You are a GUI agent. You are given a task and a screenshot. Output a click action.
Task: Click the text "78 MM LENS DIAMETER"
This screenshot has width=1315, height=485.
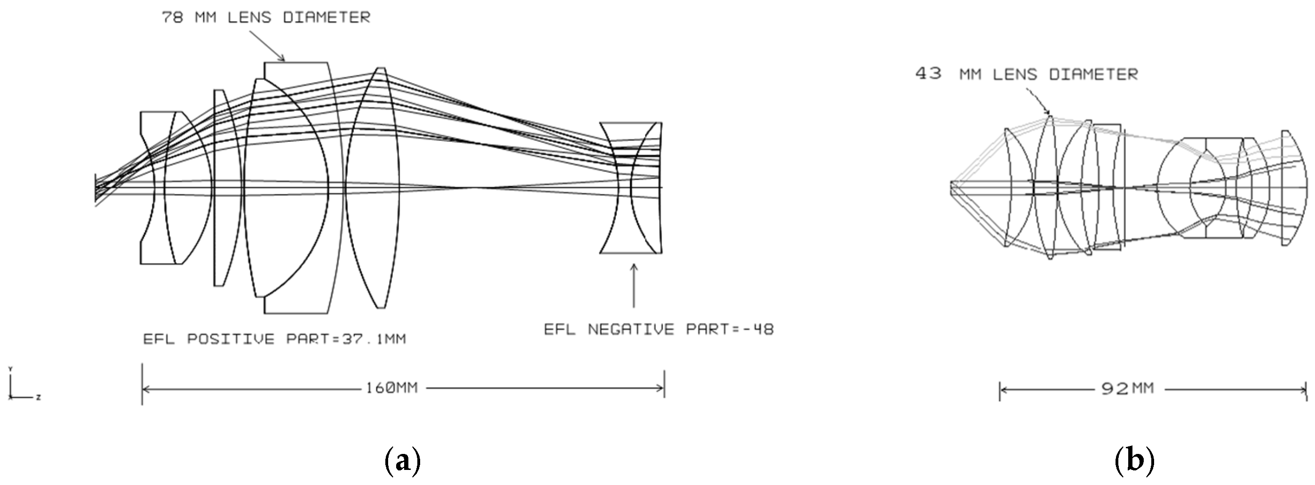(x=266, y=17)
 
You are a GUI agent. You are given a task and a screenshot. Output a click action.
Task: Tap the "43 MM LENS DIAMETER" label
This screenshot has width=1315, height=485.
(x=1027, y=74)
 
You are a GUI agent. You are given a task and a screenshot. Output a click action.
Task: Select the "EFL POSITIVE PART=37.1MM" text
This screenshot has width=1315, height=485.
(x=274, y=339)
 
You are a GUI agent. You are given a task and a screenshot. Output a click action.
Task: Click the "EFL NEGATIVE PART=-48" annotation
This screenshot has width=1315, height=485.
(x=659, y=329)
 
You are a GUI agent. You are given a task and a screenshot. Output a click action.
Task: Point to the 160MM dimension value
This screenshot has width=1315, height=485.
(x=391, y=388)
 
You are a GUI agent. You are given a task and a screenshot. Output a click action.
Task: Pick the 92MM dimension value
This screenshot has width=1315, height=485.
(x=1127, y=389)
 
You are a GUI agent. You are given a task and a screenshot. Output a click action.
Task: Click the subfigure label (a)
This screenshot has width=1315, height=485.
(x=402, y=461)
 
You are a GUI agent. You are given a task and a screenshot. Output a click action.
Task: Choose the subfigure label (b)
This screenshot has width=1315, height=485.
(x=1134, y=461)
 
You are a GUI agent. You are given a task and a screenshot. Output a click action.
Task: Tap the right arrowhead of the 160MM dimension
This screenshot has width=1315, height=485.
(x=661, y=388)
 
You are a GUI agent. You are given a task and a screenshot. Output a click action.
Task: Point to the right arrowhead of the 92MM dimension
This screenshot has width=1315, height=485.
(x=1303, y=390)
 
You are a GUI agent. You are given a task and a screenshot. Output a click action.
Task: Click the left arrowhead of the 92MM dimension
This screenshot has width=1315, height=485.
(x=1003, y=390)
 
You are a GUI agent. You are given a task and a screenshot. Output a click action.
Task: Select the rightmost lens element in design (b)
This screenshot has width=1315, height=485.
(x=1294, y=187)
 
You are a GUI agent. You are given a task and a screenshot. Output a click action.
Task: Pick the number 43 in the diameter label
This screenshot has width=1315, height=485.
(x=928, y=73)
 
